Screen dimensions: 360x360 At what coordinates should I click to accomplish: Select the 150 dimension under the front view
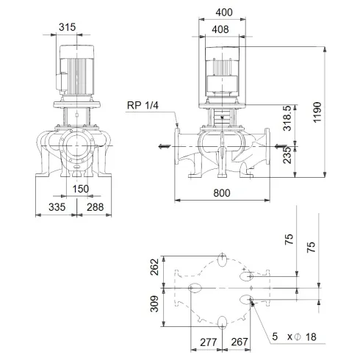[x=81, y=189]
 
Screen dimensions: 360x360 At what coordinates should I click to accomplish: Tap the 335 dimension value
[x=48, y=208]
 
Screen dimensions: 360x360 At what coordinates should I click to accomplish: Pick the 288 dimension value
[x=94, y=208]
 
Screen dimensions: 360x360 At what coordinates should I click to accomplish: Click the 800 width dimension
[x=225, y=192]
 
